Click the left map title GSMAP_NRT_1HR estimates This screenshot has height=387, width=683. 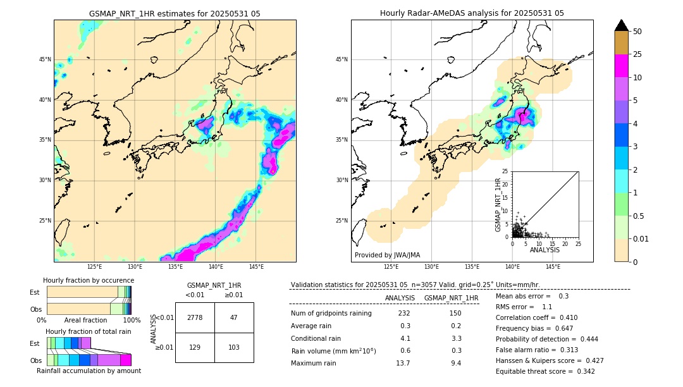coord(175,13)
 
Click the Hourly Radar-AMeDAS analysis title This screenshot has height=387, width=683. coord(472,13)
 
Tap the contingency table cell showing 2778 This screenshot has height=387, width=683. coord(195,317)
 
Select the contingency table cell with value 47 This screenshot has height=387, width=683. coord(234,317)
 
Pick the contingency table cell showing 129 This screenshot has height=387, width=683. coord(195,348)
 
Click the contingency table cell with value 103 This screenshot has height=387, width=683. coord(234,348)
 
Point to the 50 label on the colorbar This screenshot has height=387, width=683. coord(637,32)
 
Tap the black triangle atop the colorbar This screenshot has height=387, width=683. coord(622,25)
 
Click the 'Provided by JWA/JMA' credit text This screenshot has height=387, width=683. coord(387,255)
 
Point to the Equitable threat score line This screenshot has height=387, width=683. coord(545,371)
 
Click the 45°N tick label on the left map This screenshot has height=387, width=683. coord(45,59)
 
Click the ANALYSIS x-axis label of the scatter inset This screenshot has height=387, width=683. coord(545,250)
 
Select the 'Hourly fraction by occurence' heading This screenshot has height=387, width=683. coord(89,280)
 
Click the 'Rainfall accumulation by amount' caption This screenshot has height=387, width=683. coord(89,371)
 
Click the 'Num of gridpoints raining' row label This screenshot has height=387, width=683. coord(331,314)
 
